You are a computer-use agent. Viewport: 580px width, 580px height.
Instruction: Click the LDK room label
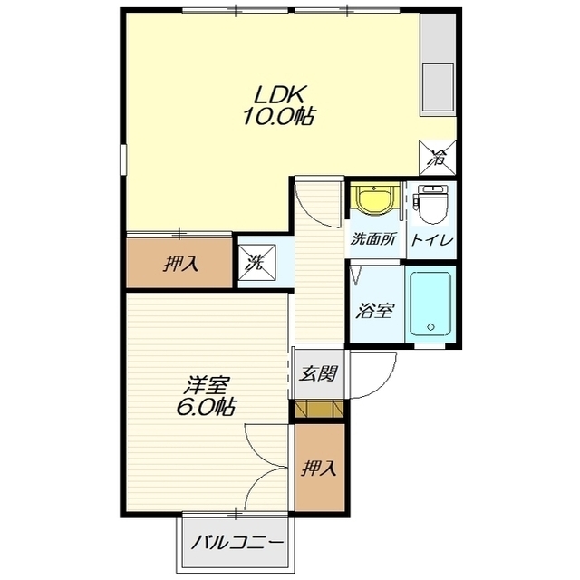click(x=278, y=94)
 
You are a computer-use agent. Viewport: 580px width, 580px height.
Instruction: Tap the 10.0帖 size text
click(x=278, y=116)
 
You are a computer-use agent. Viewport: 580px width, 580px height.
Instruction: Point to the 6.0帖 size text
click(x=206, y=407)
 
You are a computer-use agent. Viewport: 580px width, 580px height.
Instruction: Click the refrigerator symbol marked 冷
click(x=437, y=158)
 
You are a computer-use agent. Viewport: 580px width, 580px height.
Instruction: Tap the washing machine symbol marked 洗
click(x=256, y=262)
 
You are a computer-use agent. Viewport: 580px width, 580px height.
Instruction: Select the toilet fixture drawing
click(x=432, y=204)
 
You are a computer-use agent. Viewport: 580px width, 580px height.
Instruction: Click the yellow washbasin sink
click(x=374, y=199)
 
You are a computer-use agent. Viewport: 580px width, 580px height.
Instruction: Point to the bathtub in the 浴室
click(x=430, y=304)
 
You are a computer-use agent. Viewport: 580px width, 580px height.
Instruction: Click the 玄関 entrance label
click(x=318, y=373)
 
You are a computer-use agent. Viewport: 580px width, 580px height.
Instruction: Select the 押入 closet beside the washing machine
click(x=179, y=263)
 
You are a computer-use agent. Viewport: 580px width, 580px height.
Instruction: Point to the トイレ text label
click(x=431, y=240)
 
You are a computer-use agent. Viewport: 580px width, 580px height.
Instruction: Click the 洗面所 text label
click(x=373, y=239)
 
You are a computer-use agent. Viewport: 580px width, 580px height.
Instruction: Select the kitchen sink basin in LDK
click(x=438, y=88)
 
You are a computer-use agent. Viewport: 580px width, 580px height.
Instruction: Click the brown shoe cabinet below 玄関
click(x=319, y=408)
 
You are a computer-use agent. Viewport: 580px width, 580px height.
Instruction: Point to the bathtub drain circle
click(x=430, y=327)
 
